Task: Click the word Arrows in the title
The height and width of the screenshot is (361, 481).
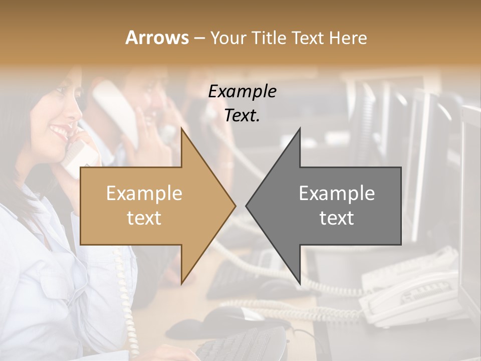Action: pyautogui.click(x=157, y=38)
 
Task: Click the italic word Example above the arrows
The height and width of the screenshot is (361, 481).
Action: pyautogui.click(x=243, y=92)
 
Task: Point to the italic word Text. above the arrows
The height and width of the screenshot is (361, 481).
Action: pyautogui.click(x=243, y=115)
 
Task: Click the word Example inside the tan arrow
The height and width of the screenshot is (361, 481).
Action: pyautogui.click(x=144, y=193)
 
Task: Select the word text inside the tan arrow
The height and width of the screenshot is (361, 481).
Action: pyautogui.click(x=144, y=218)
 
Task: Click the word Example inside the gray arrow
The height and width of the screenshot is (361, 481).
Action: pyautogui.click(x=337, y=193)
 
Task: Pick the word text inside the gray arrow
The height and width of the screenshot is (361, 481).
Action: pyautogui.click(x=337, y=218)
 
